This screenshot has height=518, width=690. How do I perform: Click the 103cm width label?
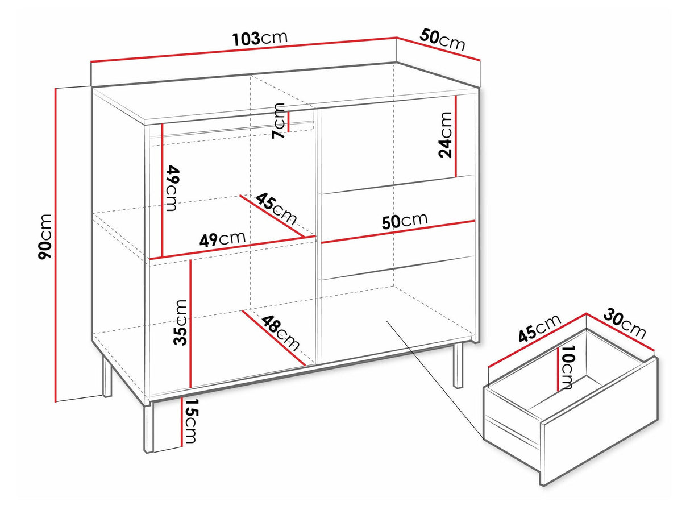tap(260, 38)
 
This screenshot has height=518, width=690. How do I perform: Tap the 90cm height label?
tap(45, 237)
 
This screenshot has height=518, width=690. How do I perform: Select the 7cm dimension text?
tap(278, 121)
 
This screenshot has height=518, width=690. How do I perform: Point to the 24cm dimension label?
tap(445, 135)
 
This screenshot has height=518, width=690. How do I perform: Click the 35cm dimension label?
tap(181, 322)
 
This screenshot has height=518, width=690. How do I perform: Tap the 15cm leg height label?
tap(190, 421)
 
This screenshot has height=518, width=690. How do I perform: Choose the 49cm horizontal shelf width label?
tap(222, 239)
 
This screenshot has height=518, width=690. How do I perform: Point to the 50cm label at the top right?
tap(442, 40)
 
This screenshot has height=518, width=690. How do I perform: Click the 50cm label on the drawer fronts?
tap(405, 221)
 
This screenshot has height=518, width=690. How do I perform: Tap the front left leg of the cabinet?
tap(148, 428)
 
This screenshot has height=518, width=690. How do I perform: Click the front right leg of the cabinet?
tap(458, 365)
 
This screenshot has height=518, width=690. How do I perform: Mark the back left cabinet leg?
tap(107, 376)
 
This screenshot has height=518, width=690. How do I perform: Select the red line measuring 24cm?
tap(456, 136)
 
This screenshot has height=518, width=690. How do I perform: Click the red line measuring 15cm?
tap(182, 421)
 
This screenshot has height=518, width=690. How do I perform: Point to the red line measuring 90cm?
tap(56, 245)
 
